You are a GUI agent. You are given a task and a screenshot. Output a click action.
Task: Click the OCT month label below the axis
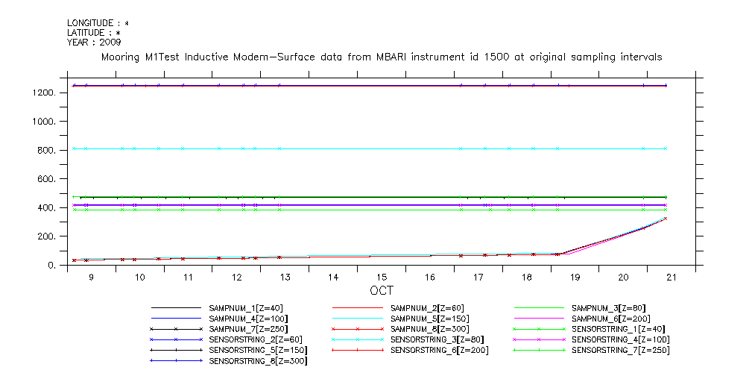[x=381, y=290]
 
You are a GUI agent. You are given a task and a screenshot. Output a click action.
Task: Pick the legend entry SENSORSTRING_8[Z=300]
[x=259, y=361]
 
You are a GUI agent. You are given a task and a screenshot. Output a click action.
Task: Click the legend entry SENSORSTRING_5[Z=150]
[x=259, y=350]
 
